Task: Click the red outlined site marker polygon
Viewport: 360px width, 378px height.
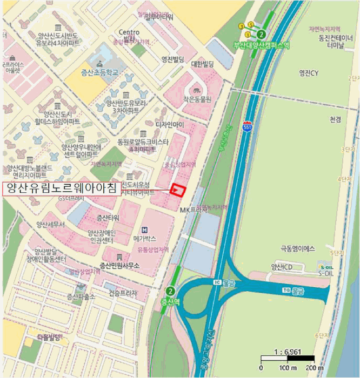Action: click(x=178, y=190)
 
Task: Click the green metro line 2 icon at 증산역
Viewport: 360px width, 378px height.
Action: click(x=171, y=291)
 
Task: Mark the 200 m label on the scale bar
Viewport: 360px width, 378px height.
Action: click(x=313, y=368)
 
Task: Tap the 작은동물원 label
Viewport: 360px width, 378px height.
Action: click(x=196, y=99)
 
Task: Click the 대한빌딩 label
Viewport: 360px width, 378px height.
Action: click(x=203, y=64)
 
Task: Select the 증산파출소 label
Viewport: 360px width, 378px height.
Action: click(x=81, y=297)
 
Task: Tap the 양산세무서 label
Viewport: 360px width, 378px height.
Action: click(x=50, y=224)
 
